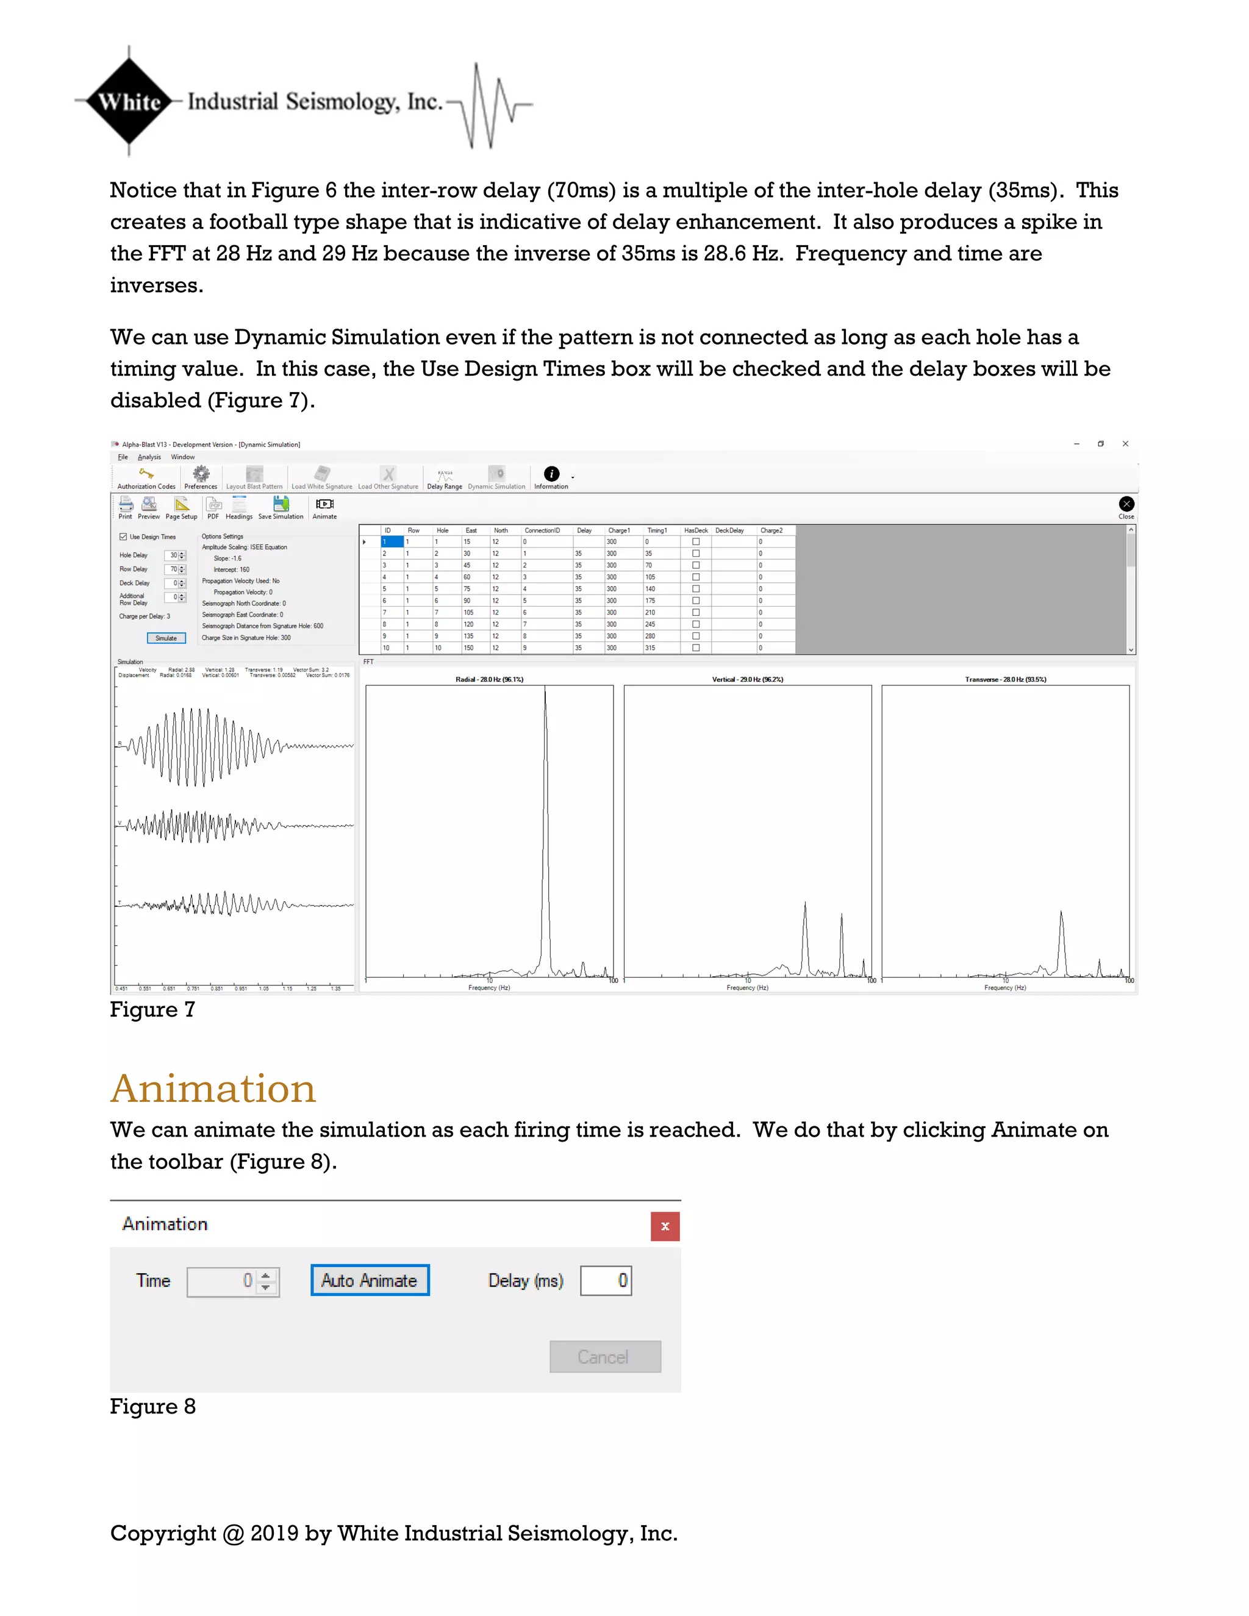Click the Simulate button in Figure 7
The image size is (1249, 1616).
pos(166,638)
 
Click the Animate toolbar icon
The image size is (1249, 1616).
pos(324,505)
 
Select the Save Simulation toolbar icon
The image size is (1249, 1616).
pos(281,505)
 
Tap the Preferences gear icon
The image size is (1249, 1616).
pos(201,474)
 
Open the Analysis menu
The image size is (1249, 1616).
pos(149,457)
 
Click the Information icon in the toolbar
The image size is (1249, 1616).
pos(551,474)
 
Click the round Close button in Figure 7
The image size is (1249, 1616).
pos(1126,504)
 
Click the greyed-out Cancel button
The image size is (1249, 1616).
pos(604,1357)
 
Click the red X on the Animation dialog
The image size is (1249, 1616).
pos(665,1226)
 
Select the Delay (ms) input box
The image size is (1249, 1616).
pos(605,1281)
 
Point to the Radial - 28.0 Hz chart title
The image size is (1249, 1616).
pos(489,679)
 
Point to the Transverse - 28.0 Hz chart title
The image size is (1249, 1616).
pos(1005,679)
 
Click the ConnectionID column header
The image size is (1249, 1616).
pos(542,531)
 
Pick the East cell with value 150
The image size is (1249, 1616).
pos(468,648)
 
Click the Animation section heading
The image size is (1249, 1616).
pos(213,1089)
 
